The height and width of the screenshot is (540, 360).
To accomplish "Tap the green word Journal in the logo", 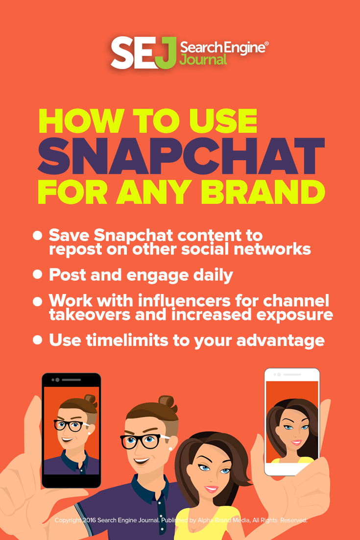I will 204,60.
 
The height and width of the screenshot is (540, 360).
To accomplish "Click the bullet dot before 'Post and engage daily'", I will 37,274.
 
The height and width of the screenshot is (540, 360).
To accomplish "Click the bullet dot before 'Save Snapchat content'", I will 37,236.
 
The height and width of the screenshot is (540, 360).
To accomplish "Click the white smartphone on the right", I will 292,421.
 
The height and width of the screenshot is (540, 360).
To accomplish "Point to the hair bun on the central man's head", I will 168,405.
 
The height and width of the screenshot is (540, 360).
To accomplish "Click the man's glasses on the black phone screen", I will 68,425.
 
